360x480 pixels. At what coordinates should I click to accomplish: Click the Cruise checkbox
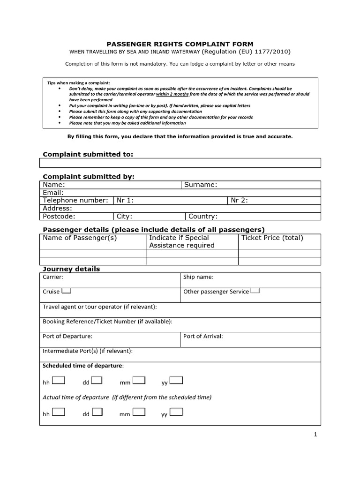tap(66, 291)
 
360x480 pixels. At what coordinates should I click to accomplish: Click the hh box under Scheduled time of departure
tap(58, 380)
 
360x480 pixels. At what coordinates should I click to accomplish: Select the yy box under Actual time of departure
tap(176, 412)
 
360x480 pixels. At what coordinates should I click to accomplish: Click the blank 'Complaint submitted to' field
tap(180, 163)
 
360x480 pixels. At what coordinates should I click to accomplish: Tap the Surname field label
tap(201, 185)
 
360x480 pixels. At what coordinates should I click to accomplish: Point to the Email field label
tap(53, 193)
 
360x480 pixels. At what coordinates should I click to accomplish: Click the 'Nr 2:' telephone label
tap(240, 200)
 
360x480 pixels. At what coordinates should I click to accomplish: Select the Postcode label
tap(59, 216)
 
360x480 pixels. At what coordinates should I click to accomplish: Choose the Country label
tap(203, 216)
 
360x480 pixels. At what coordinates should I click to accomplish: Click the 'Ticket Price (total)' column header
tap(272, 238)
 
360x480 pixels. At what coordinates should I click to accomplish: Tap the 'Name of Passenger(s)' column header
tap(80, 238)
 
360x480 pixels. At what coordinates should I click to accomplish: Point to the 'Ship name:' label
tap(198, 277)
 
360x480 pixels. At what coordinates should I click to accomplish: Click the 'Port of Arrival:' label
tap(203, 336)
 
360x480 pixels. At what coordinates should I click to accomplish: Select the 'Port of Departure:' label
tap(67, 336)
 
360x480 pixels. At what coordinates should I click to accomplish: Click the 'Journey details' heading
tap(71, 269)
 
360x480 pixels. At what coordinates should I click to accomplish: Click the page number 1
tap(315, 435)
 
